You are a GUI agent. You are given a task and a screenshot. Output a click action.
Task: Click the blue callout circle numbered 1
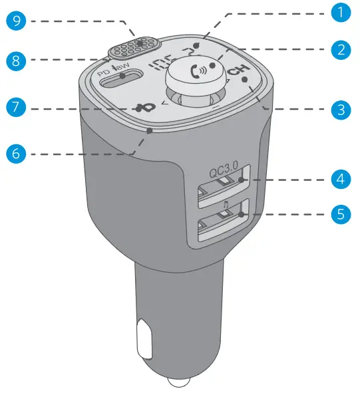(x=341, y=13)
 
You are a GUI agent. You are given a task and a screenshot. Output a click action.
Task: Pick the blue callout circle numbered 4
(x=341, y=180)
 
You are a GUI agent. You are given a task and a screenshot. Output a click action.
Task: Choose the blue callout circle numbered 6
(x=18, y=152)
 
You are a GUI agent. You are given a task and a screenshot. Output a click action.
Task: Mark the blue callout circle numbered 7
(x=18, y=106)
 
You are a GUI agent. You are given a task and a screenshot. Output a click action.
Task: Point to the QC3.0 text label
(x=223, y=172)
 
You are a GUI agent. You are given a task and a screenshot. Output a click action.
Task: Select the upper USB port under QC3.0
(x=220, y=189)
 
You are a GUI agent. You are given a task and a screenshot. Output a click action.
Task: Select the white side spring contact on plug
(x=142, y=340)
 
